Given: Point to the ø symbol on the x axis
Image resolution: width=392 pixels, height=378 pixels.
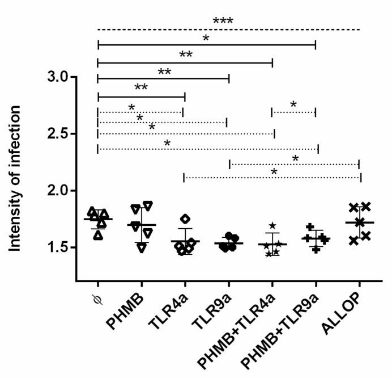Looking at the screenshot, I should click(x=96, y=296).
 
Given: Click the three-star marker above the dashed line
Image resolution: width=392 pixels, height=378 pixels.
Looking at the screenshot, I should click(x=223, y=22).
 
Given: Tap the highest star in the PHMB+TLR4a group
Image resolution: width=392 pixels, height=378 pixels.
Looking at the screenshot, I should click(x=273, y=225).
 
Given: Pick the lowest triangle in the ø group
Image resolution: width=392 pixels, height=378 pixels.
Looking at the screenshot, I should click(x=99, y=235).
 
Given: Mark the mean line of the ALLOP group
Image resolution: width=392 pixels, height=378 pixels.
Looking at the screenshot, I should click(x=360, y=222).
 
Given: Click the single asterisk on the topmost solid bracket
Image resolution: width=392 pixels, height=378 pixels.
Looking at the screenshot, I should click(x=206, y=38).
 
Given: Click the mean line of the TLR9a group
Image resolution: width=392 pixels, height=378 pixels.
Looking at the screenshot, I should click(x=229, y=243).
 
